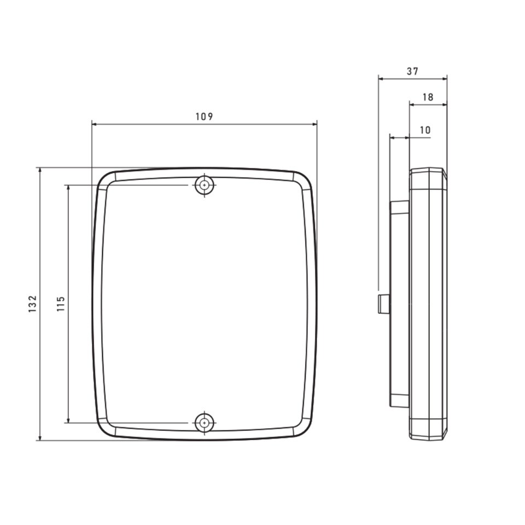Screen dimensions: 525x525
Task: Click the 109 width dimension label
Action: [204, 116]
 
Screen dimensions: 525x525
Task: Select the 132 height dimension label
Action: [32, 304]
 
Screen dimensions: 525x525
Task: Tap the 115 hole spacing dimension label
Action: [61, 304]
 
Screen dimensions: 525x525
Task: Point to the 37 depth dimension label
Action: [412, 71]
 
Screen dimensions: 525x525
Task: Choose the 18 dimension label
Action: [428, 97]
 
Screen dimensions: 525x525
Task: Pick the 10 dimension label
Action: [425, 130]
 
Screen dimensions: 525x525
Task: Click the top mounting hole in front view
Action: [204, 185]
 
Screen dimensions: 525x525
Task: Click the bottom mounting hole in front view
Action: [204, 423]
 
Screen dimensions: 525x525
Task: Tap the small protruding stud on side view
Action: [384, 304]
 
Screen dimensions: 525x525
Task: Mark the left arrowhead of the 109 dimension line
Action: [95, 124]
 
